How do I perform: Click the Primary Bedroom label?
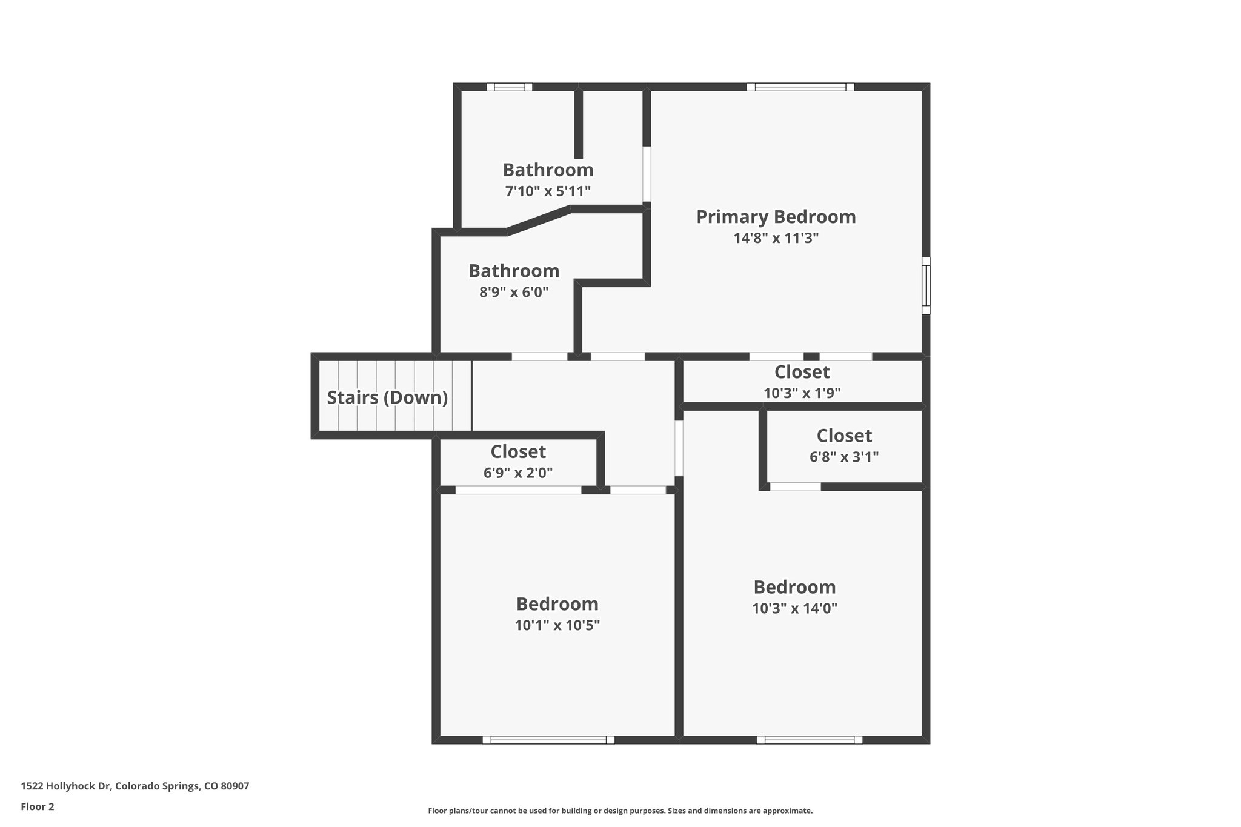tap(776, 217)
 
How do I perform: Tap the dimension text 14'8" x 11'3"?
tap(776, 238)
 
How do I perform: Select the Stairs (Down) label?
tap(387, 397)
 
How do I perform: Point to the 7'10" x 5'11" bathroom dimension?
tap(548, 191)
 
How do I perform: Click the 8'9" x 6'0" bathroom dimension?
tap(514, 293)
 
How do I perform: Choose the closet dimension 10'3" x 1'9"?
tap(802, 393)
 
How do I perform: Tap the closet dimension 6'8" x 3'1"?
tap(844, 457)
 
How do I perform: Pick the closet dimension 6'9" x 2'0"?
tap(518, 473)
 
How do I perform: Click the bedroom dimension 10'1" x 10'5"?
tap(557, 625)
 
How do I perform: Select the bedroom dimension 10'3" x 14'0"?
tap(794, 608)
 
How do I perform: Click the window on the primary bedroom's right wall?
tap(925, 285)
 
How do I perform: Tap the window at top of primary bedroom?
tap(800, 87)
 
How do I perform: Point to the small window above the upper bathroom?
tap(510, 87)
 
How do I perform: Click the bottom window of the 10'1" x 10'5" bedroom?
tap(548, 739)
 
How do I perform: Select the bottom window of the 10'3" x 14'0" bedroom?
tap(809, 739)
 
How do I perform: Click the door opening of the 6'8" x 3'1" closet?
tap(795, 487)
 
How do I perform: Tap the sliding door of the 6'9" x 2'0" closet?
tap(518, 490)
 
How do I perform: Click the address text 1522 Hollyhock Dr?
tap(135, 786)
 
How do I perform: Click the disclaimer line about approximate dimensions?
tap(620, 811)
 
